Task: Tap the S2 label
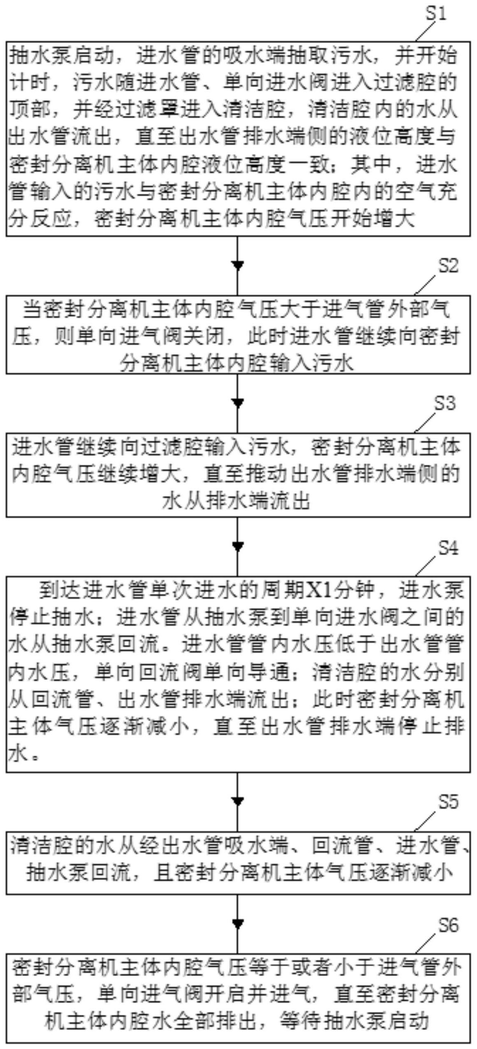[448, 266]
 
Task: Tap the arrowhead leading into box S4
[237, 547]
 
